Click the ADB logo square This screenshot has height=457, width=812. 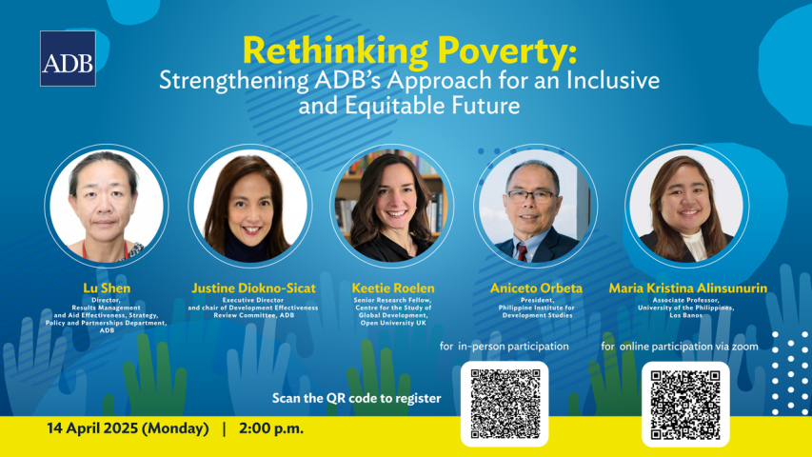[68, 58]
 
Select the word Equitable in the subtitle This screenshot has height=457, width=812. [397, 106]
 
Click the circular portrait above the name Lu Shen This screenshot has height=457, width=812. [107, 206]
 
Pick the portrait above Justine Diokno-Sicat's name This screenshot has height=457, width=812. [250, 206]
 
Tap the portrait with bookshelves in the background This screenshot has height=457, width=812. [392, 206]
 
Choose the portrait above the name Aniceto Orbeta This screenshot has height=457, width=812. [536, 206]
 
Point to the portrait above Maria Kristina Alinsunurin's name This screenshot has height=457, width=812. [686, 206]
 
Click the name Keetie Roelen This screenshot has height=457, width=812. [393, 288]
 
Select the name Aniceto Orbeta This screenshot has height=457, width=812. [537, 288]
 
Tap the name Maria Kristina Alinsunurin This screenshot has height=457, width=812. [687, 288]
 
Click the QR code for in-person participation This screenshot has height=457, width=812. [505, 404]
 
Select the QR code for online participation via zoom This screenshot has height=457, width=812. [685, 404]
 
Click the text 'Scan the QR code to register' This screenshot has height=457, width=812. [356, 399]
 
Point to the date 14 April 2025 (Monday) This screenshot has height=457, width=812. [128, 428]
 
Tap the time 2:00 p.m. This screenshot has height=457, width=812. [271, 428]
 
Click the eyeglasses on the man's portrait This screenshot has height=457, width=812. [531, 196]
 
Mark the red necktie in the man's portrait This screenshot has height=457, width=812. [522, 252]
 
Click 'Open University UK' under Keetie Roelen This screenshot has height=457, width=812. [393, 323]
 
